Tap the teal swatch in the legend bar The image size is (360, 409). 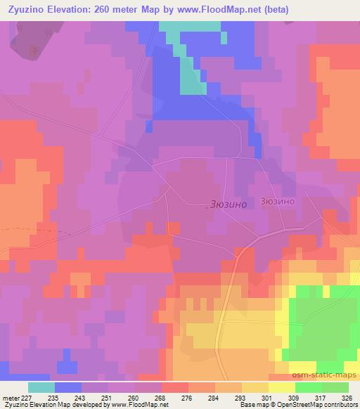(41, 387)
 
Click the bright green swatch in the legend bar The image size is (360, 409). (309, 387)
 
